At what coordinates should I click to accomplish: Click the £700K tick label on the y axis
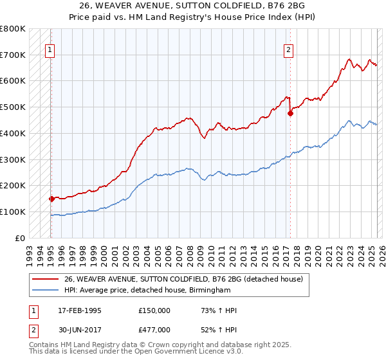[13, 55]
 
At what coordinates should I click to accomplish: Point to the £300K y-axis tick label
[13, 159]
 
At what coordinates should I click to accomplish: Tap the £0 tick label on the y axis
[21, 238]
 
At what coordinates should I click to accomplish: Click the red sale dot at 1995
[51, 199]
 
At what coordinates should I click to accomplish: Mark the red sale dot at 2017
[290, 113]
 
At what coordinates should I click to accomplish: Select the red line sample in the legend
[45, 278]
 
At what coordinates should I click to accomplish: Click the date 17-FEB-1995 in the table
[80, 310]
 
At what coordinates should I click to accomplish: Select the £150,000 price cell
[154, 310]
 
